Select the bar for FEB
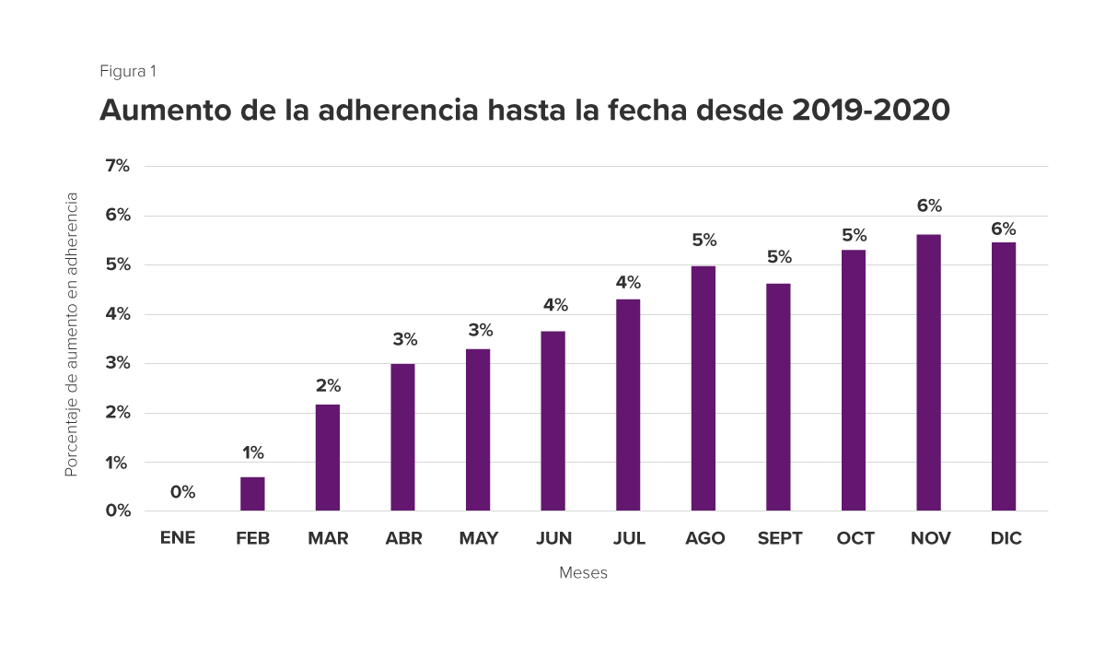(252, 493)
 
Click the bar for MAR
(328, 457)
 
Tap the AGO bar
(703, 388)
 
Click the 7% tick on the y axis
(118, 166)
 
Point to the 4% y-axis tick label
(118, 314)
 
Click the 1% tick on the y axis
(118, 463)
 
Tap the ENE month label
(178, 538)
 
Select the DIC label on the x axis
(1006, 538)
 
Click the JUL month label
(629, 538)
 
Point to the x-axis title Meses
(583, 573)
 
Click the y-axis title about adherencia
(71, 334)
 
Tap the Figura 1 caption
(128, 71)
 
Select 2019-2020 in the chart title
(870, 111)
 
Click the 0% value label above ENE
(182, 492)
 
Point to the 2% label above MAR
(328, 385)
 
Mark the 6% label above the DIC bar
(1004, 229)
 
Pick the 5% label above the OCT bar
(854, 235)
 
